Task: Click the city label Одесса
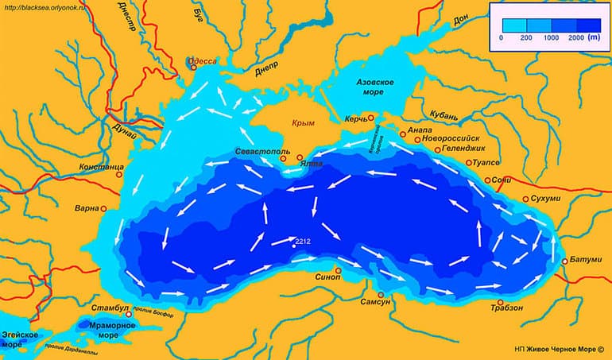pyautogui.click(x=202, y=61)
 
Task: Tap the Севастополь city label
pyautogui.click(x=261, y=151)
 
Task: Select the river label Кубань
pyautogui.click(x=444, y=117)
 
